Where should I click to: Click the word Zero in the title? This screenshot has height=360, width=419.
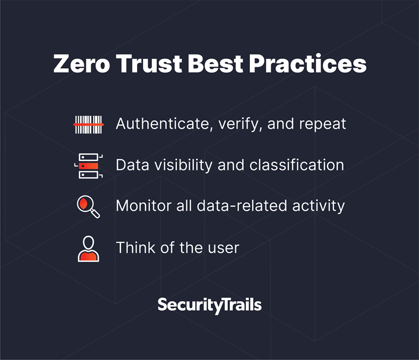point(81,64)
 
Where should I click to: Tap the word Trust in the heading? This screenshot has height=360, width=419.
point(149,64)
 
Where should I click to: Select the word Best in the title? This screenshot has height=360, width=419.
point(216,64)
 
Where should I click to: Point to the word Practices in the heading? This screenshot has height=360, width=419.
point(308,64)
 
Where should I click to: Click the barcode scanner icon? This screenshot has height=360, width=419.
point(89,125)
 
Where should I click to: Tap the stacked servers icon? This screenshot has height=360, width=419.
point(89,166)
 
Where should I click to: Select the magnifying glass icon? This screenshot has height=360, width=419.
point(88,207)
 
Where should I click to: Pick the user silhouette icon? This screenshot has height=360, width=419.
point(89,249)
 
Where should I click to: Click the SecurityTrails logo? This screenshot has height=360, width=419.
point(209,305)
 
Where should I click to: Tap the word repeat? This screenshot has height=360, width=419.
point(322,125)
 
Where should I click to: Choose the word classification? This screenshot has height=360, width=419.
point(297,165)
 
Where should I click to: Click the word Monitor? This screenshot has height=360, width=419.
point(144,206)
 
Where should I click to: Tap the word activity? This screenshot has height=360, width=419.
point(319,207)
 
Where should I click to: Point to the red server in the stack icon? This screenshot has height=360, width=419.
point(89,166)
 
